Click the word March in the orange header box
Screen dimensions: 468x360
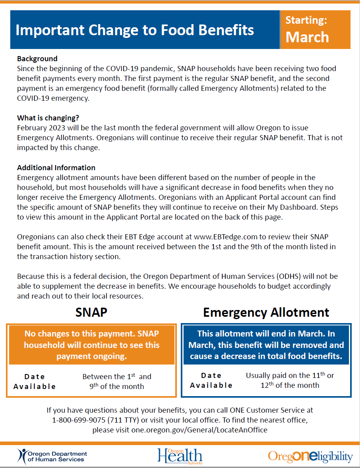(x=307, y=37)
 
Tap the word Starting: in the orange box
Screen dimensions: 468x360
(x=306, y=20)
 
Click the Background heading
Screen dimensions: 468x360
(x=37, y=59)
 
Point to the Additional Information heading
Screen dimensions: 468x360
(x=56, y=168)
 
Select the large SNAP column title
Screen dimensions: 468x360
(x=91, y=312)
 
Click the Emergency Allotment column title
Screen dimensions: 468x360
(x=266, y=312)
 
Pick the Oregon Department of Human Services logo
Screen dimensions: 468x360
(x=52, y=457)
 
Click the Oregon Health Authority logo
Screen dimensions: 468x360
(x=179, y=456)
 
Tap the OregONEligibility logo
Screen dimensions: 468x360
(x=310, y=457)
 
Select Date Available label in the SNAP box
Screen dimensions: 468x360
(x=35, y=382)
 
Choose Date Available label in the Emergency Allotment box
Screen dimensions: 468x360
(x=211, y=380)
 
